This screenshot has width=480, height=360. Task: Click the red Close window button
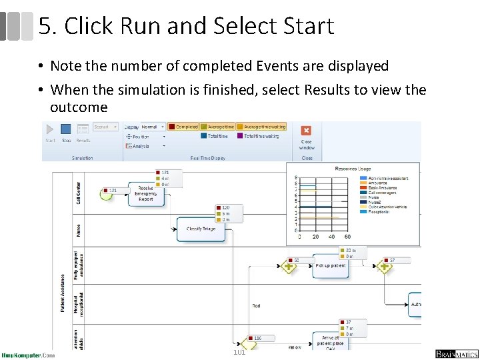click(x=306, y=131)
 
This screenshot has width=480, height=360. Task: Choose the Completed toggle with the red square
click(x=183, y=127)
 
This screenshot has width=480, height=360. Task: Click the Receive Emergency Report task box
click(x=146, y=193)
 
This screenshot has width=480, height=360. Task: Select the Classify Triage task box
click(x=201, y=229)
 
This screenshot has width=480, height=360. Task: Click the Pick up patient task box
click(x=331, y=266)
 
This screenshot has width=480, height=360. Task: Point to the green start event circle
click(x=105, y=194)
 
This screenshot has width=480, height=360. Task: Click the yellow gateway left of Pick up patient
click(x=289, y=267)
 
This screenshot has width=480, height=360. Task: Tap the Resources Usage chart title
click(x=353, y=169)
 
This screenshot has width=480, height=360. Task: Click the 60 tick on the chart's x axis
click(x=347, y=237)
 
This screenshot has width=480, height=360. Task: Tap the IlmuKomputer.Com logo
click(x=28, y=355)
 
